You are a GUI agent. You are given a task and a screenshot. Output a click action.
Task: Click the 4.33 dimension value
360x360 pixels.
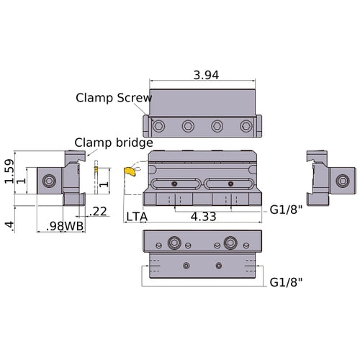point(202,216)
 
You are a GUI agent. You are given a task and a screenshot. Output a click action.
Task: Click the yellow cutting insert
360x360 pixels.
point(130,171)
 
